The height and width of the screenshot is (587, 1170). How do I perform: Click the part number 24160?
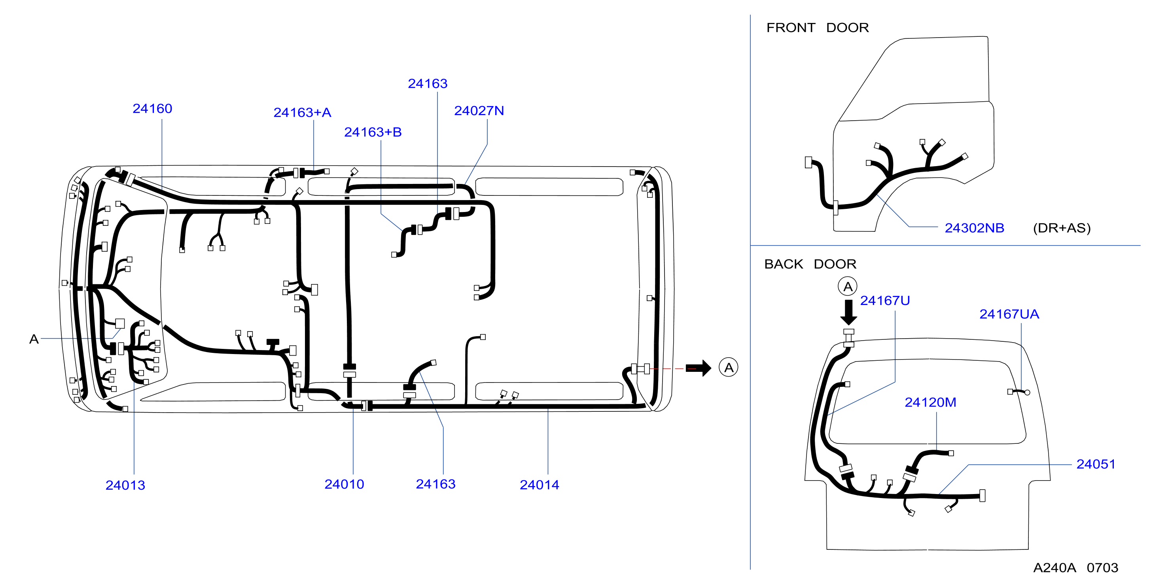coord(152,109)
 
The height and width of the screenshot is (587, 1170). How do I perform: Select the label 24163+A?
coord(302,113)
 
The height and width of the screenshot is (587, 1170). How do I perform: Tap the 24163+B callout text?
coord(373,132)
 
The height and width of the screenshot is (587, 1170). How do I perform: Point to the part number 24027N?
coord(479,111)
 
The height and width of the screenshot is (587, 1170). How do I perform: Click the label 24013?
coord(125,485)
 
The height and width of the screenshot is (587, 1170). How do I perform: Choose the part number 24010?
coord(344,484)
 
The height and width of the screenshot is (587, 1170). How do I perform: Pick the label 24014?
coord(540,485)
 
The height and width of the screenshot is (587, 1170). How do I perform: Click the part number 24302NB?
coord(975,228)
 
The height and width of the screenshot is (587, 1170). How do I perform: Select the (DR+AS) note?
coord(1062,228)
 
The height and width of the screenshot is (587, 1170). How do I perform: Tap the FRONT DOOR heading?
coord(818,28)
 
